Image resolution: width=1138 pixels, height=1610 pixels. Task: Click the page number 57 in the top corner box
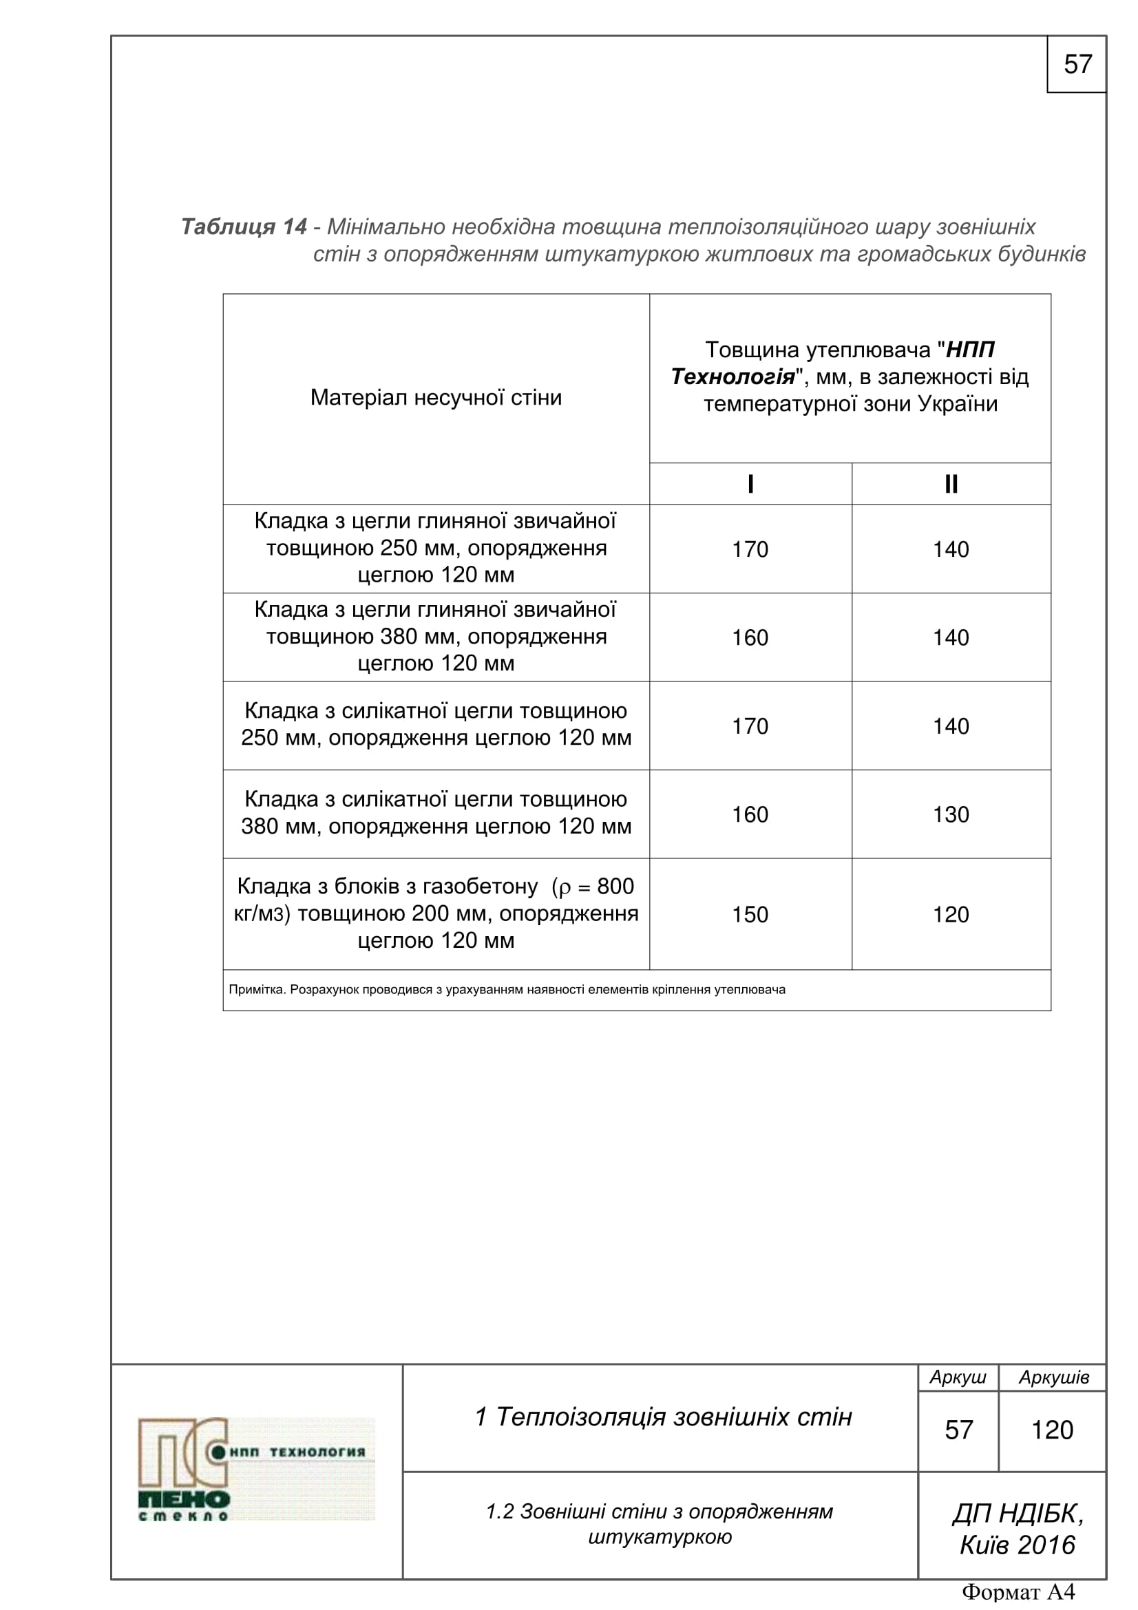[x=1077, y=65]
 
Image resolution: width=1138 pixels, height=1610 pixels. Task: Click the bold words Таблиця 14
[x=244, y=226]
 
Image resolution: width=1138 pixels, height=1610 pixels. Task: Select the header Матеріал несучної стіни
[x=436, y=398]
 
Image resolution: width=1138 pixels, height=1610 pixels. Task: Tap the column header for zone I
[x=750, y=484]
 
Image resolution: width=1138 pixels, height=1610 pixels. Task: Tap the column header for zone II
[x=951, y=484]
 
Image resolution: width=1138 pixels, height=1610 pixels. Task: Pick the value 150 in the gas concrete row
[x=750, y=914]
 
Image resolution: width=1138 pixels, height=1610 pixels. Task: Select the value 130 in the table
[x=951, y=814]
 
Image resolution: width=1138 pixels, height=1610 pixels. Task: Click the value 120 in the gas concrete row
[x=951, y=914]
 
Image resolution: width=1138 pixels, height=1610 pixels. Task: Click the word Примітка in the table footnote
[x=257, y=989]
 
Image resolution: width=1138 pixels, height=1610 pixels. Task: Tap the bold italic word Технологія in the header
[x=733, y=377]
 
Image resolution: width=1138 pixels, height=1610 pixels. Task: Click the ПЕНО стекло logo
[x=257, y=1469]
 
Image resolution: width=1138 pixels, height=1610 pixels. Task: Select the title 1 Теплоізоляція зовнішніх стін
[x=663, y=1417]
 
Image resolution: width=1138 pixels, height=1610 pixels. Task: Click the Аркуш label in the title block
[x=958, y=1377]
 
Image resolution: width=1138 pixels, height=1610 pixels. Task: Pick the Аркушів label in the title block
[x=1053, y=1377]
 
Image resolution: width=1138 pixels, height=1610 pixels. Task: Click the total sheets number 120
[x=1052, y=1430]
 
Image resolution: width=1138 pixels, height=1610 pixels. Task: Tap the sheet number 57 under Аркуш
[x=958, y=1430]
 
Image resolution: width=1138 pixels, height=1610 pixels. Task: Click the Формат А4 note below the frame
[x=1018, y=1593]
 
